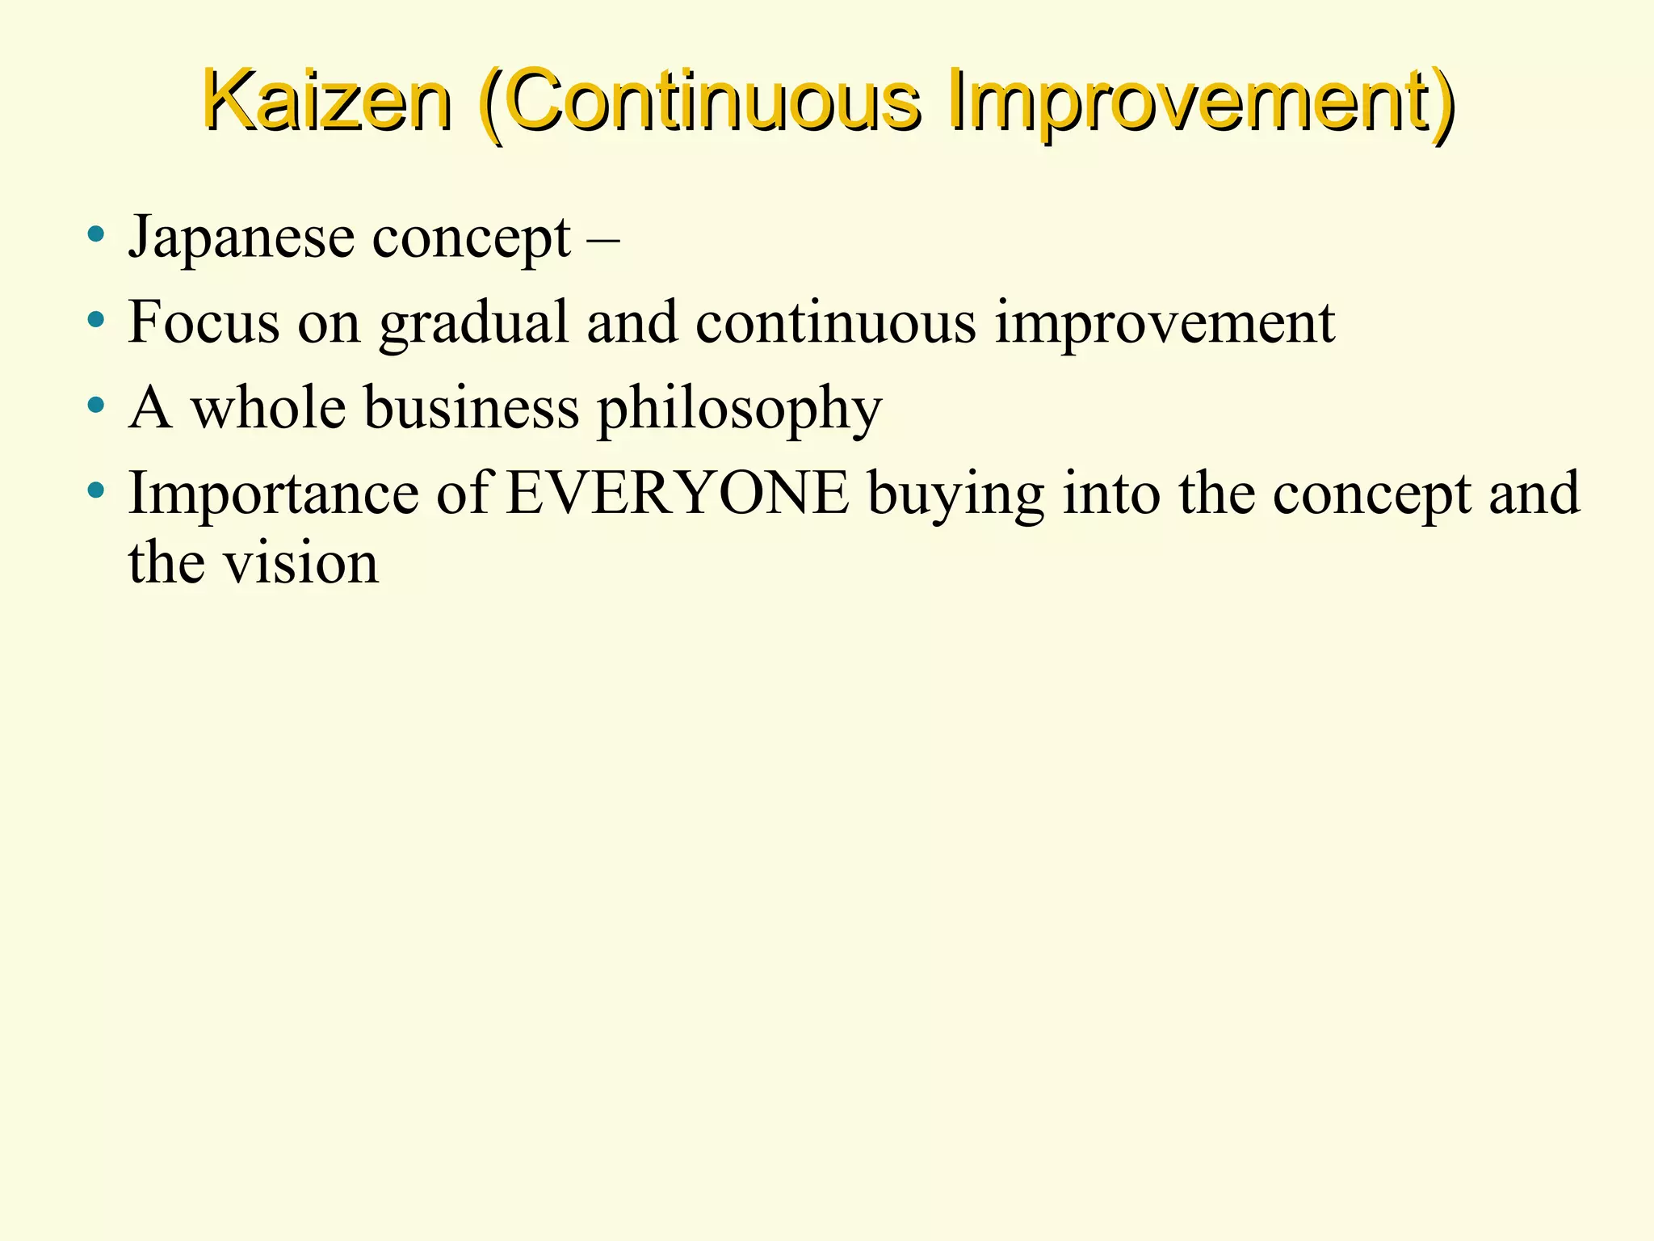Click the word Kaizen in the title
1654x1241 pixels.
pyautogui.click(x=326, y=102)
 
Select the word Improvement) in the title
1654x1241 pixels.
pyautogui.click(x=1202, y=103)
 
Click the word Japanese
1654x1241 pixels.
pyautogui.click(x=241, y=239)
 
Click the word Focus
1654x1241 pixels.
pyautogui.click(x=204, y=322)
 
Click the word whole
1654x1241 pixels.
pyautogui.click(x=268, y=407)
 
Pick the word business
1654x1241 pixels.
pyautogui.click(x=471, y=407)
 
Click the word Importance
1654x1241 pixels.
pyautogui.click(x=274, y=494)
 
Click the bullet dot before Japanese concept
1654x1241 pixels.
pyautogui.click(x=96, y=235)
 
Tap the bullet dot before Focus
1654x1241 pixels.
pyautogui.click(x=96, y=320)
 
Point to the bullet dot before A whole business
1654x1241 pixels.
pyautogui.click(x=96, y=405)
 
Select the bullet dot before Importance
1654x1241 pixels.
pyautogui.click(x=96, y=490)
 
